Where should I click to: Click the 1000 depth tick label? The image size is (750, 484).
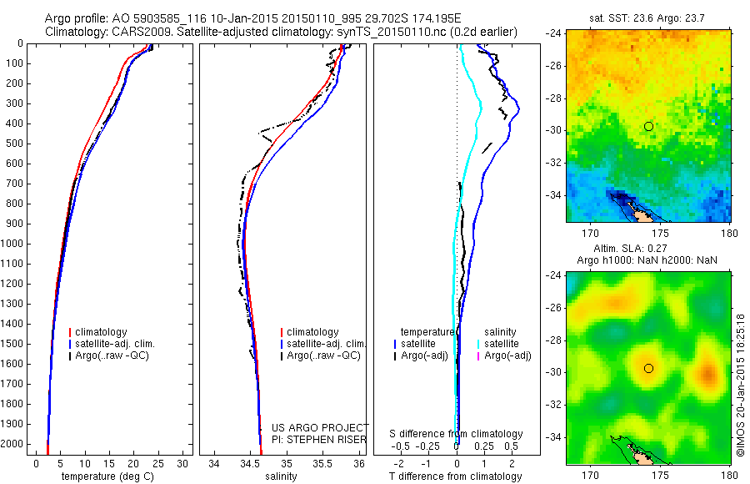click(15, 244)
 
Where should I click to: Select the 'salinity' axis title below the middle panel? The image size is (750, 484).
click(282, 476)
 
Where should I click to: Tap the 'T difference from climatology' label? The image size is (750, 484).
click(455, 476)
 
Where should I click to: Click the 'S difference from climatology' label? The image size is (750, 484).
click(457, 434)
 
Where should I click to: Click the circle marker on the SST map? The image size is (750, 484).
click(648, 126)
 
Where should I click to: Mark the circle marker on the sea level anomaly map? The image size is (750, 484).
click(648, 368)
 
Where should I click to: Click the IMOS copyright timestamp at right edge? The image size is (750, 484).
click(741, 385)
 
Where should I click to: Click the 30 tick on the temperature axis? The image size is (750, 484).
click(184, 463)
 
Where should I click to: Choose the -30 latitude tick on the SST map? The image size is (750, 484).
click(553, 130)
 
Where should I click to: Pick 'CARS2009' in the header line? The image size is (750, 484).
click(135, 32)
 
